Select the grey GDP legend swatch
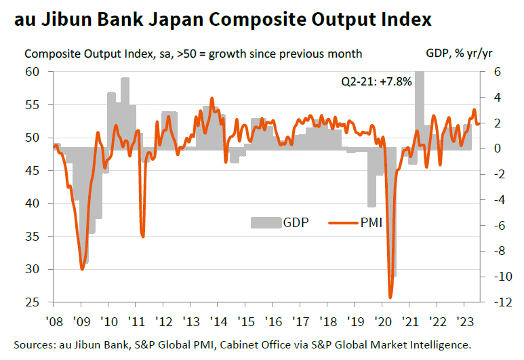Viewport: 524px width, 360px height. click(x=265, y=222)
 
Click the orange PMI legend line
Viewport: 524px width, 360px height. click(x=343, y=222)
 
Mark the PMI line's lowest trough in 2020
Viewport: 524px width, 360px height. click(x=390, y=297)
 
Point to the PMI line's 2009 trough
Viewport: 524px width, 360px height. click(x=82, y=269)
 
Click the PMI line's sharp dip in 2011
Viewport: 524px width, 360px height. click(x=143, y=236)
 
